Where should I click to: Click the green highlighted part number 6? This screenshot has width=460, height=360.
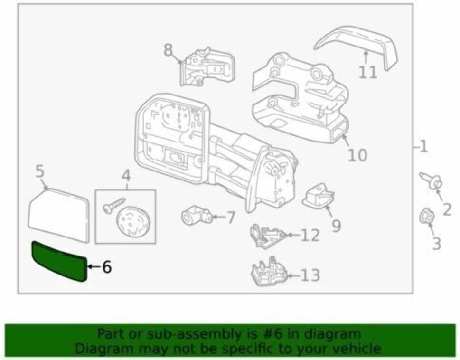[58, 261]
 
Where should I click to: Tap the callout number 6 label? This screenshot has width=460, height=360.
[106, 267]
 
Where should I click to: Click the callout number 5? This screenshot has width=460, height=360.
[40, 172]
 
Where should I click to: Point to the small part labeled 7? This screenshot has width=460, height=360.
[195, 217]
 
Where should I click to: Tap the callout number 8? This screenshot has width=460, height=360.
[169, 50]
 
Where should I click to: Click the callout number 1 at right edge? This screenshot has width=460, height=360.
[423, 146]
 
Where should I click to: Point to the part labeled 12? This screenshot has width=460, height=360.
[266, 235]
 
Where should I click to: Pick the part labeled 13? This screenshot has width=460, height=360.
[268, 273]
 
